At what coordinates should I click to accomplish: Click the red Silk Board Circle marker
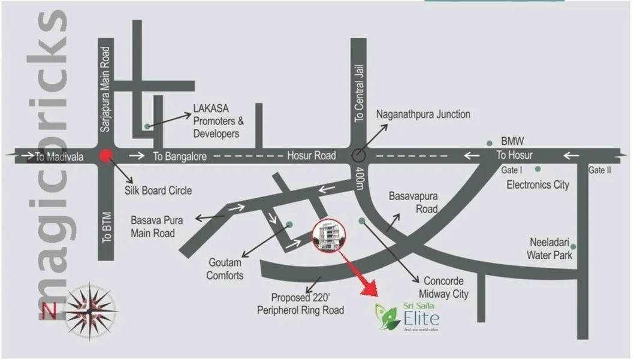pos(106,156)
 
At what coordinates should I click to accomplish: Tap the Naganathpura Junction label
pos(422,114)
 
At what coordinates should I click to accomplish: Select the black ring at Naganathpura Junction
pos(358,155)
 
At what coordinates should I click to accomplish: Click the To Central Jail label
pos(359,98)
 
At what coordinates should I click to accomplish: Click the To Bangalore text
pos(180,156)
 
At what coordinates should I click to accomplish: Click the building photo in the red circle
pos(329,235)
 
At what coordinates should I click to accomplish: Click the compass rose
pos(90,310)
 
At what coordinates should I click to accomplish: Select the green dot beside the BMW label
pos(490,143)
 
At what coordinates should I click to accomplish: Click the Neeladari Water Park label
pos(550,249)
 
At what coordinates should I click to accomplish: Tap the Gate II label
pos(599,170)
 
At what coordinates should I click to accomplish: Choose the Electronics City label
pos(538,184)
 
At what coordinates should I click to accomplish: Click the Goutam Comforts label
pos(225,269)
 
